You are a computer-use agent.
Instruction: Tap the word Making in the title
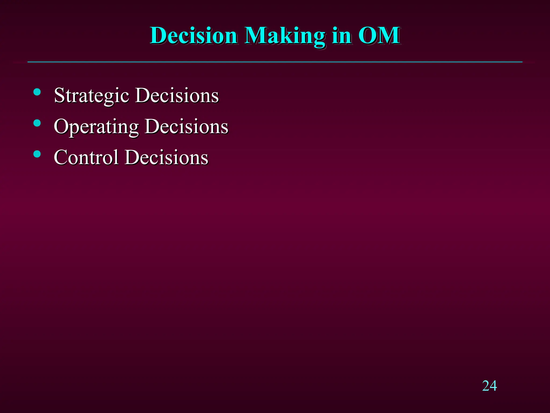(285, 36)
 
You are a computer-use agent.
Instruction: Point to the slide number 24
(489, 386)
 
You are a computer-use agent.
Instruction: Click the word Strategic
(91, 96)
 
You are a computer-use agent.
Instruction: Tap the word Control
(86, 157)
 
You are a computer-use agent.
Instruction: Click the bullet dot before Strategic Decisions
(37, 92)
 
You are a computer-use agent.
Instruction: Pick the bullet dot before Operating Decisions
(37, 123)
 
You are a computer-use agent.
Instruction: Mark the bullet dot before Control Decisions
(37, 154)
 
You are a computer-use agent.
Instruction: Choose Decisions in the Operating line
(186, 126)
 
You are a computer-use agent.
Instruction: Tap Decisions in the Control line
(167, 157)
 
